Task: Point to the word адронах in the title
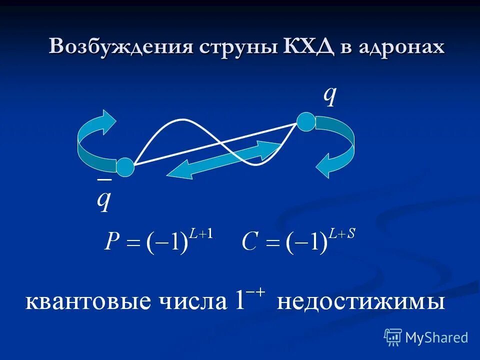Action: [x=401, y=47]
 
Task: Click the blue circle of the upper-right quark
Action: [x=306, y=122]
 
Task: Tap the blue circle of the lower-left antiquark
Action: [x=125, y=167]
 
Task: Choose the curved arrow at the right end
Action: [x=336, y=147]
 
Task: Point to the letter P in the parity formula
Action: [x=112, y=242]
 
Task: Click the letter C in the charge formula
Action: [x=250, y=242]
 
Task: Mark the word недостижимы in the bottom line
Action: [x=360, y=302]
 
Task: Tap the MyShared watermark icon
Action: [x=393, y=337]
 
